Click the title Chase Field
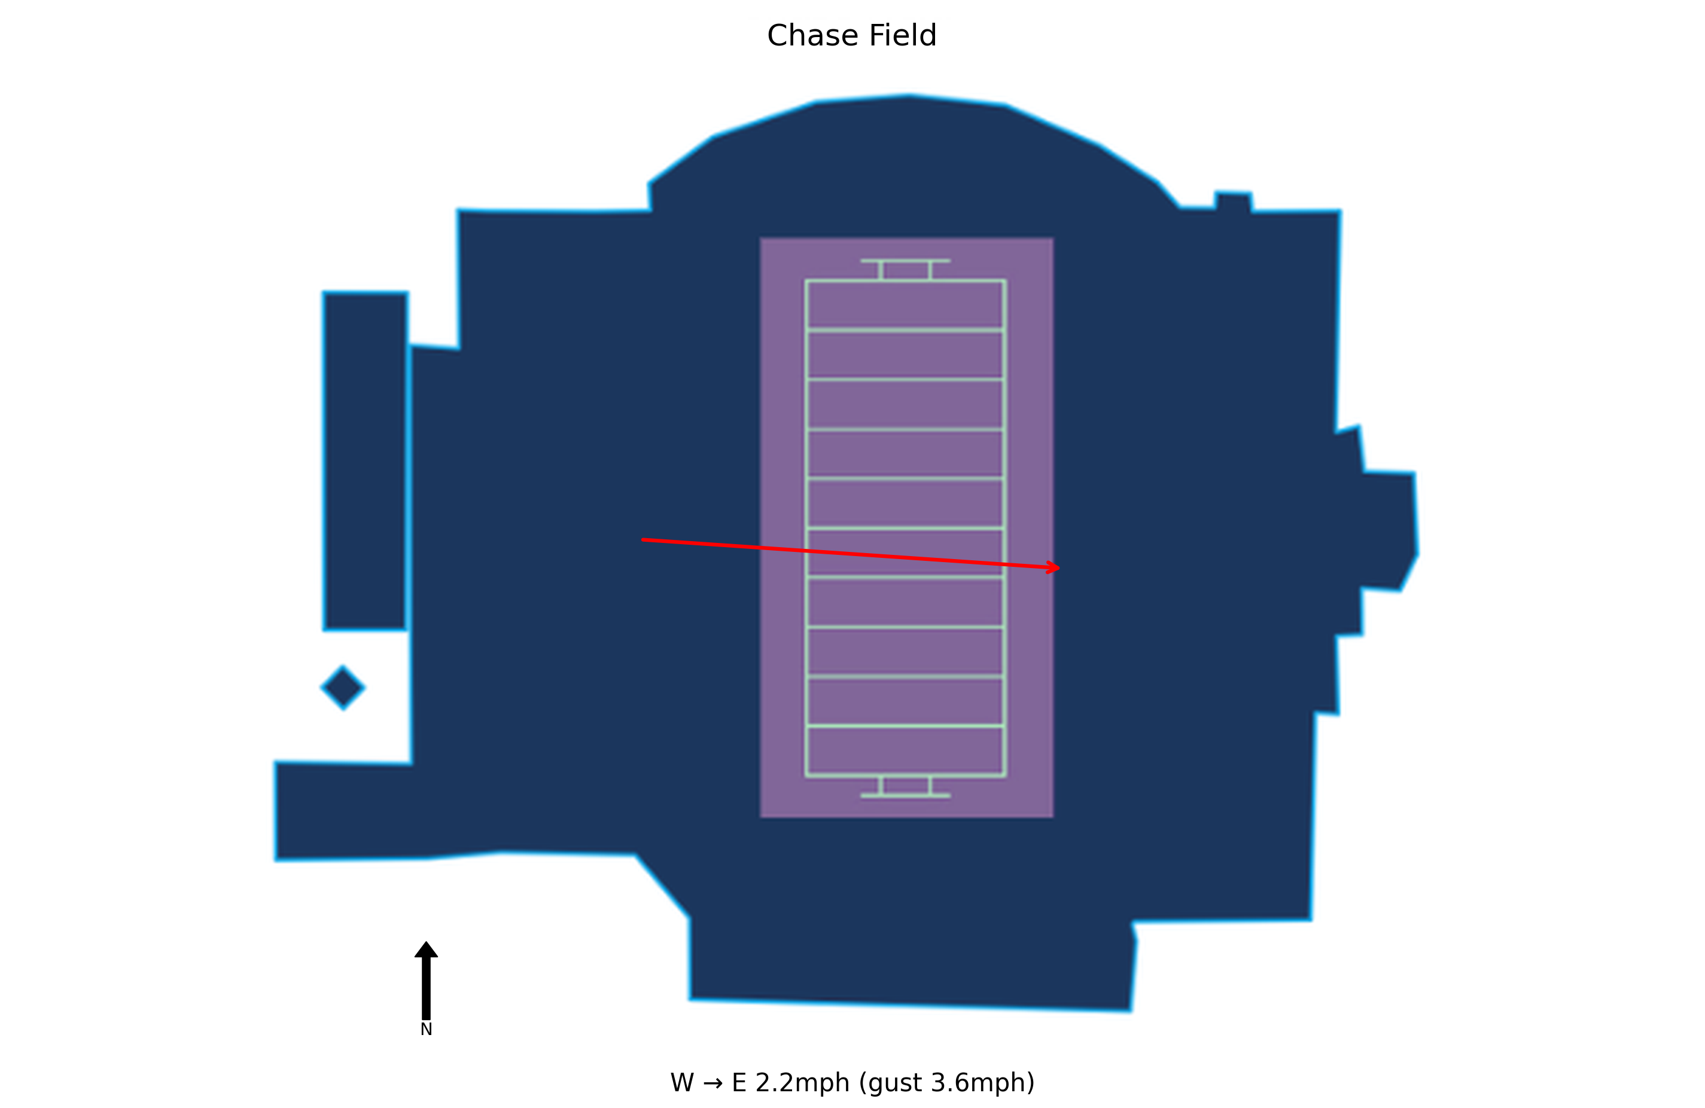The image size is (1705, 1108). [x=852, y=35]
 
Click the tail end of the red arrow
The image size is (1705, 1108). [x=643, y=539]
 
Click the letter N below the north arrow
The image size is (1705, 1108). [x=426, y=1029]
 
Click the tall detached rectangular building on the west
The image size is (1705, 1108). [x=366, y=461]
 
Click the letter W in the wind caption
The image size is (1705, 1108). [x=682, y=1082]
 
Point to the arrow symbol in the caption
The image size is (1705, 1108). [x=713, y=1083]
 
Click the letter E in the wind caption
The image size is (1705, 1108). [x=739, y=1082]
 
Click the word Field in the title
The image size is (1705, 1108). [x=903, y=35]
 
